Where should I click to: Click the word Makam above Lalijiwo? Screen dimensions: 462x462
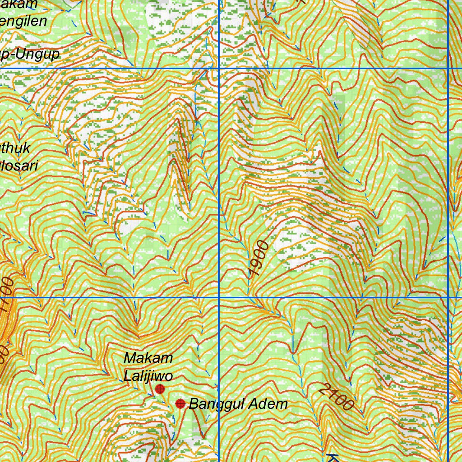pyautogui.click(x=148, y=358)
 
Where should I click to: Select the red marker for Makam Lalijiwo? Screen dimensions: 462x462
pyautogui.click(x=160, y=389)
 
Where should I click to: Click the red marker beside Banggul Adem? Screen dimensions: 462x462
pyautogui.click(x=180, y=403)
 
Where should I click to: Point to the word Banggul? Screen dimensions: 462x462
pyautogui.click(x=215, y=404)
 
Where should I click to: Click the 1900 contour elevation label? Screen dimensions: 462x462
pyautogui.click(x=259, y=259)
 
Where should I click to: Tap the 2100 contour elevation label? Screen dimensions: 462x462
pyautogui.click(x=336, y=397)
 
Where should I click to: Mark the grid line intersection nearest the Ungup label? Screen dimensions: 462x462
pyautogui.click(x=219, y=69)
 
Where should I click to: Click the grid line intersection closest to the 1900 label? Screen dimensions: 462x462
pyautogui.click(x=219, y=298)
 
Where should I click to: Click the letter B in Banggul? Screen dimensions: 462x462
pyautogui.click(x=194, y=404)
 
